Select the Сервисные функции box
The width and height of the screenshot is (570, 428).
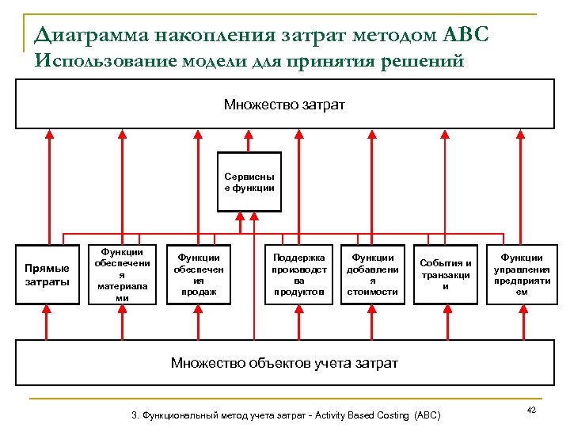tap(249, 182)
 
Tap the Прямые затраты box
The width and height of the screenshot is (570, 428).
tap(47, 275)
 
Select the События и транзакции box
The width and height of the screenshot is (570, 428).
tap(445, 274)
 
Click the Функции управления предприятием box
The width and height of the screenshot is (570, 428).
tap(522, 274)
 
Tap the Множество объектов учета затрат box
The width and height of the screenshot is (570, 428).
tap(284, 363)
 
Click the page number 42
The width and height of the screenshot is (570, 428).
tap(531, 410)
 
